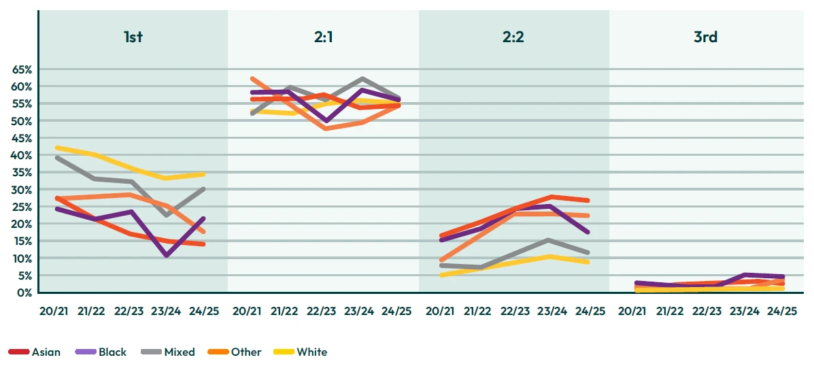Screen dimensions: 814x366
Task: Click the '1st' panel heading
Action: pyautogui.click(x=133, y=37)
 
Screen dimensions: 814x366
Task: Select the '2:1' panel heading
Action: pyautogui.click(x=323, y=37)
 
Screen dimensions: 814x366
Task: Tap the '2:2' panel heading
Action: pyautogui.click(x=513, y=37)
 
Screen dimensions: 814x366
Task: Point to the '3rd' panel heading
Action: pyautogui.click(x=705, y=37)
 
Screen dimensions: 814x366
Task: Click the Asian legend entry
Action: pyautogui.click(x=34, y=352)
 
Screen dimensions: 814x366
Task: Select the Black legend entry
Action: pyautogui.click(x=101, y=352)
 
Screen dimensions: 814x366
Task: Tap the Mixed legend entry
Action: pyautogui.click(x=168, y=352)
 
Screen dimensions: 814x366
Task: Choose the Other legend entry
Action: pyautogui.click(x=234, y=352)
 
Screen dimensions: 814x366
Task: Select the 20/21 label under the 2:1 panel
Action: pyautogui.click(x=247, y=311)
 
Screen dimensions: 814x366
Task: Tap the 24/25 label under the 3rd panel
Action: pyautogui.click(x=782, y=311)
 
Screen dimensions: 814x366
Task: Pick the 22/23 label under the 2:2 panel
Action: pyautogui.click(x=515, y=311)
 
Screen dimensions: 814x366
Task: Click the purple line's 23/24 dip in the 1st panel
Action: pyautogui.click(x=166, y=255)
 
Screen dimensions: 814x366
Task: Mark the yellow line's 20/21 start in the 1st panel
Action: pyautogui.click(x=57, y=148)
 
